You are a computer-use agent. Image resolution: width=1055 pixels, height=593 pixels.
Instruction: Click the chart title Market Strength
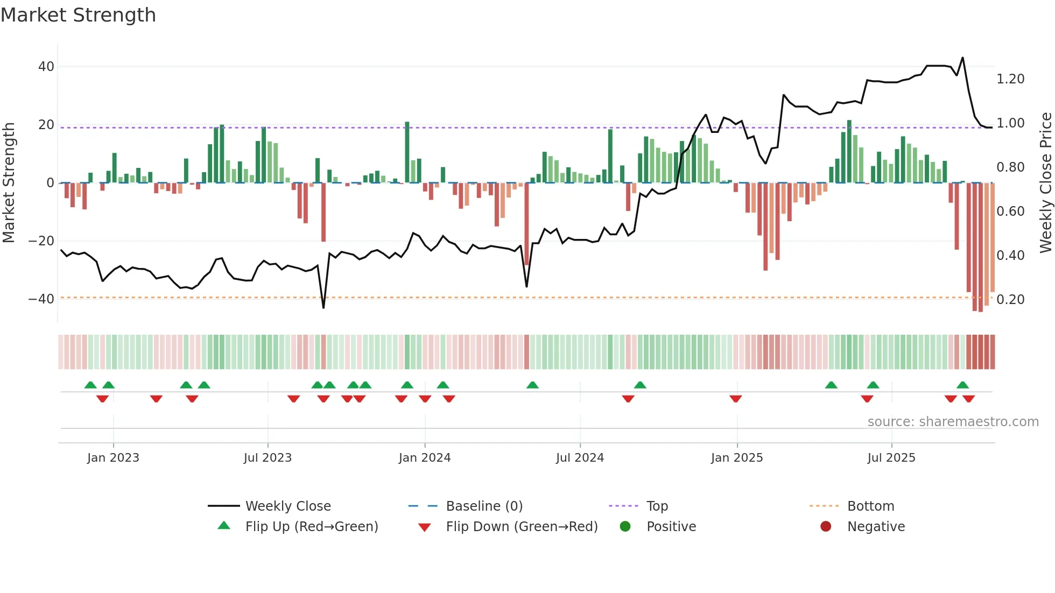[x=78, y=15]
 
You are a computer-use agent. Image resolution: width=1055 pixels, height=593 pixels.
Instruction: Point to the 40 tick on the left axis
[x=46, y=67]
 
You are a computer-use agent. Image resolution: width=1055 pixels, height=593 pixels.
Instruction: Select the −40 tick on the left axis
[x=41, y=299]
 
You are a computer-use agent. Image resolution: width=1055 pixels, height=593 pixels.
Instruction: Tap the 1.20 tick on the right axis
[x=1010, y=79]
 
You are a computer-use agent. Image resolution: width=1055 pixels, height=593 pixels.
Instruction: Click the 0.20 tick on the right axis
[x=1010, y=300]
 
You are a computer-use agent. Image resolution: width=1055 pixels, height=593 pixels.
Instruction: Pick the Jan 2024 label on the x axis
[x=424, y=458]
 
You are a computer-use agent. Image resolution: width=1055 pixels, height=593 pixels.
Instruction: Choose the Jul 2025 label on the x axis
[x=891, y=458]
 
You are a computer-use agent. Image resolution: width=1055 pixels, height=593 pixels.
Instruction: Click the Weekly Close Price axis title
[x=1045, y=182]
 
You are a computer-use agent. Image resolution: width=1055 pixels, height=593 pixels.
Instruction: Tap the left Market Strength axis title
[x=9, y=182]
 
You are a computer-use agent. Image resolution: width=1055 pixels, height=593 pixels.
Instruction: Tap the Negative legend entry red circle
[x=825, y=526]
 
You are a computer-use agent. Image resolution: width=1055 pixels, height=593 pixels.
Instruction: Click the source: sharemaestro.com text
[x=953, y=422]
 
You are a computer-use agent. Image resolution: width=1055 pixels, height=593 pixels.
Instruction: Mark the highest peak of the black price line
[x=962, y=58]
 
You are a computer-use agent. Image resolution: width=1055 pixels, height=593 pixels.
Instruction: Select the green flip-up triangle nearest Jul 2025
[x=873, y=385]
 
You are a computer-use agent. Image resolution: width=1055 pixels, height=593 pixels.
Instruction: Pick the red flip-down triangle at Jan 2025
[x=735, y=399]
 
